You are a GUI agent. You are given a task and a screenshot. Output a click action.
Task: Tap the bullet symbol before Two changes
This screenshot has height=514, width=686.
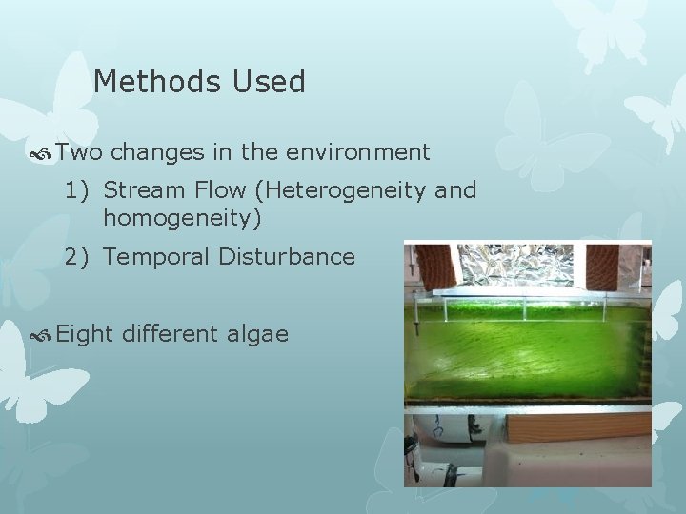[x=42, y=152]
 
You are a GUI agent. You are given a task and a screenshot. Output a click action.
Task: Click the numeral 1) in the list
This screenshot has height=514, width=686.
[x=77, y=190]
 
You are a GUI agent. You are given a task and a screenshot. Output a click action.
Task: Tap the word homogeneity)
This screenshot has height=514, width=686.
[x=181, y=219]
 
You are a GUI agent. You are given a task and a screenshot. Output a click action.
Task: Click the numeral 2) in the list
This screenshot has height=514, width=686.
[x=77, y=256]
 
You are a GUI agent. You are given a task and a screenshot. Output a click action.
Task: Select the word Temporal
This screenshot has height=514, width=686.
[x=152, y=257]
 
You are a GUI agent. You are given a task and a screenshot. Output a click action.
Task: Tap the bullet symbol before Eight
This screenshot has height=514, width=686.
[x=42, y=334]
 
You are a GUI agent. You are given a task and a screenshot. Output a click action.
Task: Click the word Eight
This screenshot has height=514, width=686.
[x=84, y=334]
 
